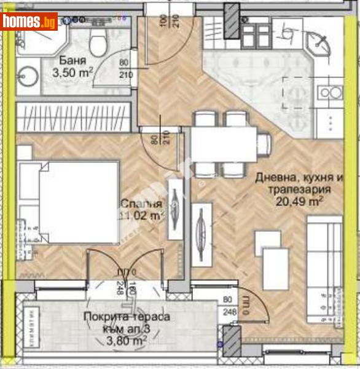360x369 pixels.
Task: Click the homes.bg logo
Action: click(29, 22)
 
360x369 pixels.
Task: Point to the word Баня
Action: click(73, 61)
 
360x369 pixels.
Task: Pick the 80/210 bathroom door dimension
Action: click(125, 69)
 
